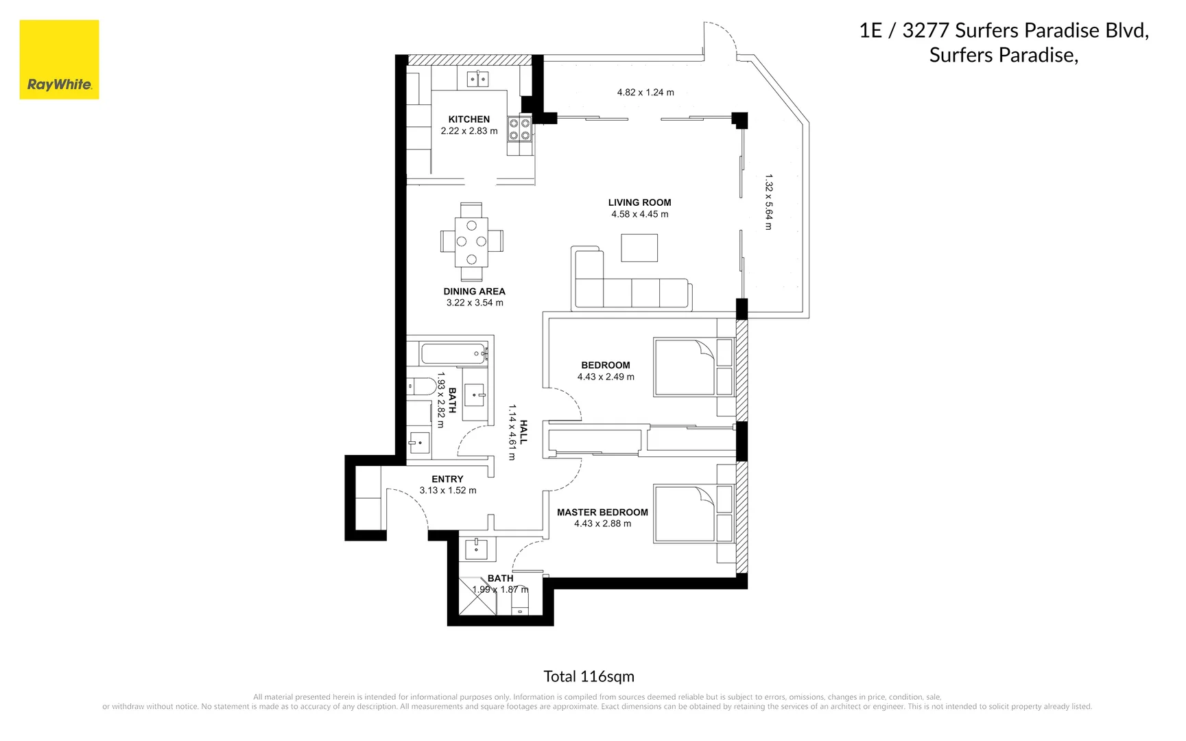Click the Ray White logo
click(59, 60)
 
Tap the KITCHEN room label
click(469, 119)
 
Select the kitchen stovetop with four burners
click(519, 129)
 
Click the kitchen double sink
click(477, 80)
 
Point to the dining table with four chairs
click(471, 242)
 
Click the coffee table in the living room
click(639, 248)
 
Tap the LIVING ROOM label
click(639, 202)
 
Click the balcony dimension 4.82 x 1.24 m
click(645, 93)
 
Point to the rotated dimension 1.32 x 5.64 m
click(769, 202)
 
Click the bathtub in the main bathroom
click(453, 354)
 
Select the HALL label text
click(523, 432)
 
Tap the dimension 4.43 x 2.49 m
click(606, 377)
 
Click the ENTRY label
click(447, 479)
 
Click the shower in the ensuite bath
click(477, 596)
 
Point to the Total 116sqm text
click(589, 677)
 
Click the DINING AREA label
click(474, 292)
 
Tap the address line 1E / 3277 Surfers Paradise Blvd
click(1004, 31)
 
